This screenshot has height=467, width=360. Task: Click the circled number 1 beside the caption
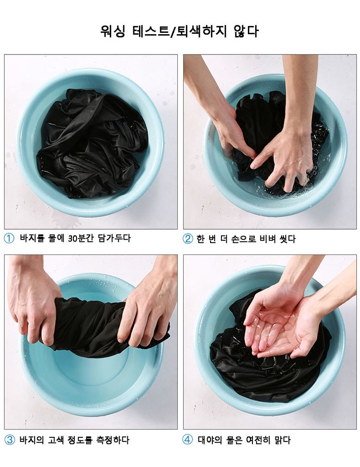tap(9, 238)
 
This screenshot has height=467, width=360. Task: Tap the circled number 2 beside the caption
tap(188, 239)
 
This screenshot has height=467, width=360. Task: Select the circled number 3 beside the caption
tap(10, 440)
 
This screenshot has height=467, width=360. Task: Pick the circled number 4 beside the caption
tap(187, 440)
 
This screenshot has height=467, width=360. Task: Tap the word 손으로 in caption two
tap(243, 239)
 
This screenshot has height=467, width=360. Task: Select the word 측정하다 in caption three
tap(113, 440)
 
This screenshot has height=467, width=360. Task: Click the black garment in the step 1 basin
tap(92, 143)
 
